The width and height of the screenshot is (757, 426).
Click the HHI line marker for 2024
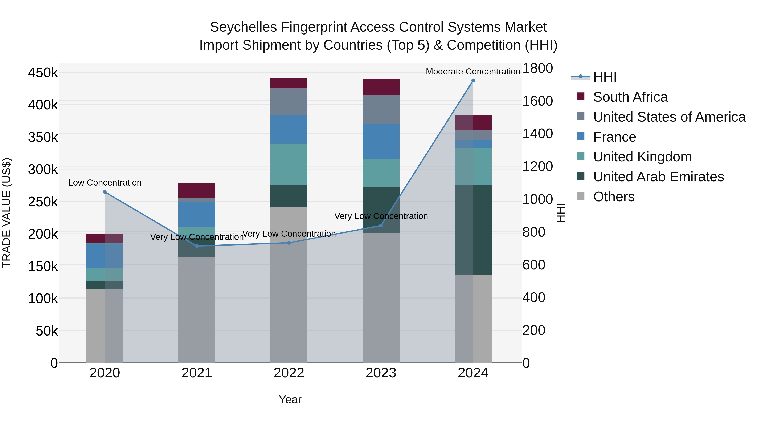click(x=473, y=81)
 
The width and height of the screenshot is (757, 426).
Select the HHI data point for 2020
click(x=105, y=192)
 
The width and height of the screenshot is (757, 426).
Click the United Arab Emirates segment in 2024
click(x=473, y=230)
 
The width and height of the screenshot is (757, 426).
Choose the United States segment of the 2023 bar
click(x=381, y=109)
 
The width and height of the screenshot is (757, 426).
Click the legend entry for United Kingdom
click(x=642, y=157)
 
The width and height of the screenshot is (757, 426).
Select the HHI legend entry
click(x=605, y=77)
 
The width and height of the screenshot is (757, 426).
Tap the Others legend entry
click(x=614, y=197)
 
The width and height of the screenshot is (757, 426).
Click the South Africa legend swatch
click(x=580, y=96)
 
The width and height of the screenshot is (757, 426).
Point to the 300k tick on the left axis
click(x=43, y=170)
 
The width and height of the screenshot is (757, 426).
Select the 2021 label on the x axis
click(x=197, y=373)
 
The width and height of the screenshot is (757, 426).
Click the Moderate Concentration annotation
click(x=473, y=72)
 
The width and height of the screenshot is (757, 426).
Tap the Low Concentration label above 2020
click(x=105, y=183)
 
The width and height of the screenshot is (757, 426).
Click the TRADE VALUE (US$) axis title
click(x=7, y=213)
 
